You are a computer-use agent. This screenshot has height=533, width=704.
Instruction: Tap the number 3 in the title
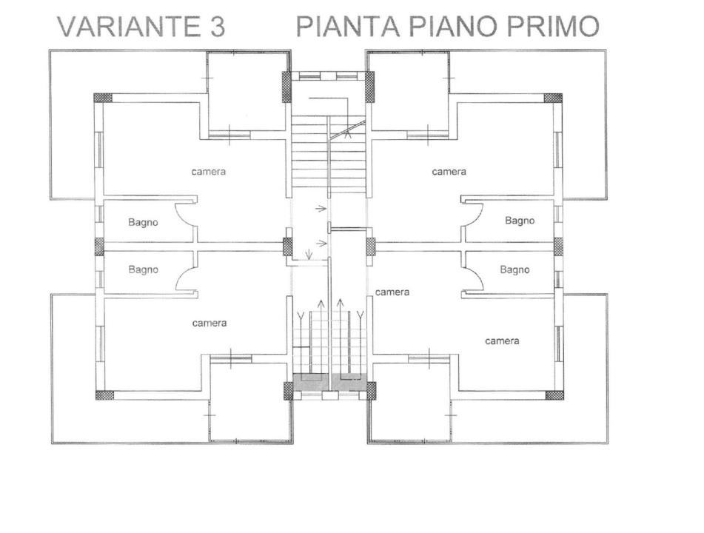(215, 27)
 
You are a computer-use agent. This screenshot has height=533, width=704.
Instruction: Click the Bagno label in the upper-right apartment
(520, 221)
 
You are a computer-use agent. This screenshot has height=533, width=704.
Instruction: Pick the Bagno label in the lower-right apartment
(514, 270)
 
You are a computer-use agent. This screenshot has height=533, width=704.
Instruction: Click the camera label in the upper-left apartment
(208, 172)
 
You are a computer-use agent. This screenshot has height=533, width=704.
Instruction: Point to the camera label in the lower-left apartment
(209, 324)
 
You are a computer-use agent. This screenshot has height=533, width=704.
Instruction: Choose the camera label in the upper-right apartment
(449, 172)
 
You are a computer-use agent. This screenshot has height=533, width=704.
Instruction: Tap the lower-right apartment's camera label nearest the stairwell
(392, 292)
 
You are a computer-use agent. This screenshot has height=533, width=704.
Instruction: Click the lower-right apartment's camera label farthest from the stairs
(502, 341)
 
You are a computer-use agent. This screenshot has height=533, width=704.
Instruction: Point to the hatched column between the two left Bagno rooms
(99, 247)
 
